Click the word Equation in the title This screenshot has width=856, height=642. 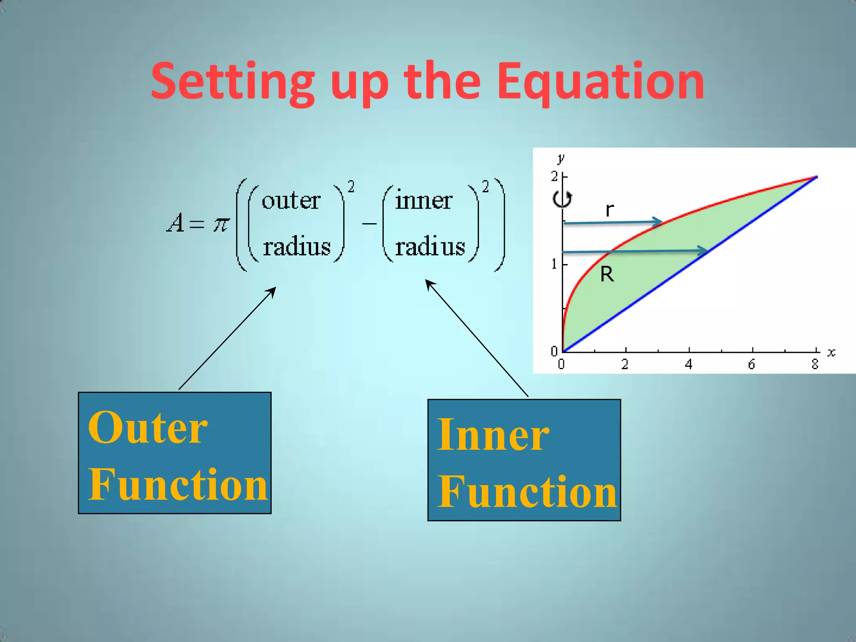tap(601, 82)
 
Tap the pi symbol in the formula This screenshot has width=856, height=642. tap(221, 224)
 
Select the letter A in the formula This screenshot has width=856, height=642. tap(176, 223)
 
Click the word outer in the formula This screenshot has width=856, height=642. tap(291, 201)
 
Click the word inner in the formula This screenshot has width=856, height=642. tap(423, 200)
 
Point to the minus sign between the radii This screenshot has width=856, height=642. tap(369, 224)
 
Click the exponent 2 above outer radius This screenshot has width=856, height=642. tap(351, 186)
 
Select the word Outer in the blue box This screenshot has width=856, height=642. tap(148, 428)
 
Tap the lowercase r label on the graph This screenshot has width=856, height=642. tap(610, 209)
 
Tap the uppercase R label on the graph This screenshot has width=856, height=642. tap(607, 275)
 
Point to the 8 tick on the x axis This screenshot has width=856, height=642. tap(815, 364)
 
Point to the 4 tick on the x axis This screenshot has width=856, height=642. tap(688, 364)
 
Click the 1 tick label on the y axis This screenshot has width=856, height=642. tap(554, 264)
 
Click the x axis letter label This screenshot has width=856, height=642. tap(831, 353)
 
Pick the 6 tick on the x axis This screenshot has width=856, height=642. tap(752, 364)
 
